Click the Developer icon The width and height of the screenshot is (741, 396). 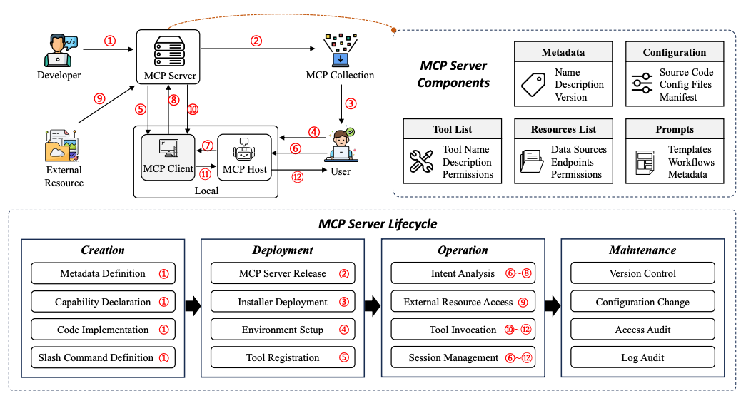(x=59, y=49)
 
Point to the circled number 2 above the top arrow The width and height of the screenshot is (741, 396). (x=256, y=41)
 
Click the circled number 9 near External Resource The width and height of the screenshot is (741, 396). (x=100, y=99)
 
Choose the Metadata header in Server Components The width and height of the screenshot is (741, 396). (x=563, y=52)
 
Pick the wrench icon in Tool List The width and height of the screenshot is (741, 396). (x=421, y=162)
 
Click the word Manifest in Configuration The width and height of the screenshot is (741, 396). (x=678, y=97)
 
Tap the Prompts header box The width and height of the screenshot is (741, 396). (x=675, y=129)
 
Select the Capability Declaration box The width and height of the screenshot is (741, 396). (x=102, y=302)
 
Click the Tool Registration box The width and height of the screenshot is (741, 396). (x=283, y=357)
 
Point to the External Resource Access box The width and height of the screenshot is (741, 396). (x=463, y=302)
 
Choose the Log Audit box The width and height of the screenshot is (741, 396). (x=642, y=357)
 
